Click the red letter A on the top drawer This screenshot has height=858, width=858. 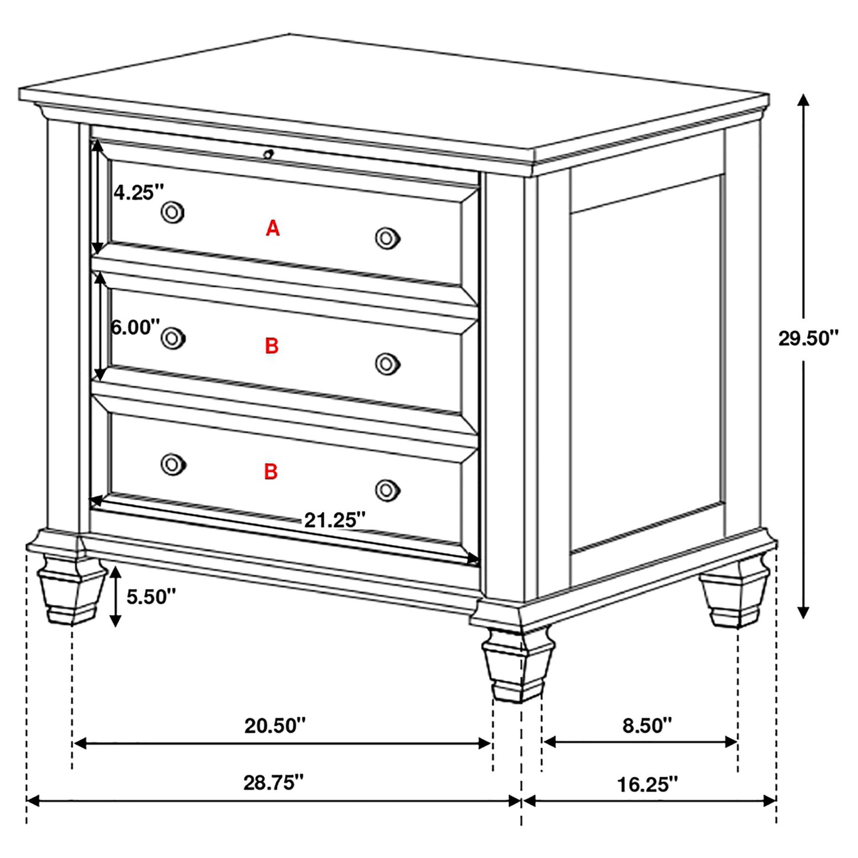(x=273, y=228)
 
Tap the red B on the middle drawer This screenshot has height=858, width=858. (x=271, y=346)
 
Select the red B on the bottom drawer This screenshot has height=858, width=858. (x=271, y=471)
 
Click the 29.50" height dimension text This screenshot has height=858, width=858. (x=808, y=338)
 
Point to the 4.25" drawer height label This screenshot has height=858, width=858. (x=138, y=192)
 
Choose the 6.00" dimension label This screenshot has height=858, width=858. (x=135, y=327)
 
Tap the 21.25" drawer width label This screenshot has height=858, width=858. (x=335, y=520)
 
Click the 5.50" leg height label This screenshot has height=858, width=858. (x=151, y=597)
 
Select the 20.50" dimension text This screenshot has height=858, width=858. (x=275, y=725)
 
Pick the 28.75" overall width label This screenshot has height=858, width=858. (x=273, y=783)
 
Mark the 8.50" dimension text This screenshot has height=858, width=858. (x=647, y=725)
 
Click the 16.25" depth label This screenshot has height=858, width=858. (x=647, y=785)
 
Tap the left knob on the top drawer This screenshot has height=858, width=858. (x=173, y=212)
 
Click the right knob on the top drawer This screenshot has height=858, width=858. (x=387, y=238)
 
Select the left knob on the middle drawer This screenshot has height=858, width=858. (x=173, y=338)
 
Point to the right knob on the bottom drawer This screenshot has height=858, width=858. (x=387, y=490)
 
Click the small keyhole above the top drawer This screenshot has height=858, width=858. (x=268, y=154)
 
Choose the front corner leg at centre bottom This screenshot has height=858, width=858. (x=518, y=665)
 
